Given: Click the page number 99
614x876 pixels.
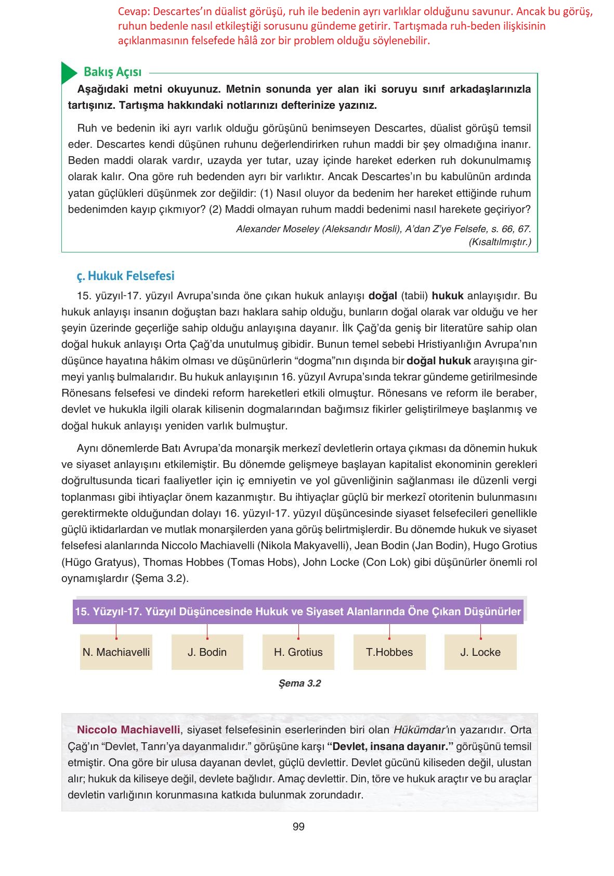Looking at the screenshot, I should tap(298, 827).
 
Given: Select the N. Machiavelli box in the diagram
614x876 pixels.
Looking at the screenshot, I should tap(116, 652).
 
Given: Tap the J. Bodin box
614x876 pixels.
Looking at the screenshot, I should tap(207, 652).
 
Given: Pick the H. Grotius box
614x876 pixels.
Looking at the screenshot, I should tap(298, 652).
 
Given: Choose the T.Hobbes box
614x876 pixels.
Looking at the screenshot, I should tap(389, 652).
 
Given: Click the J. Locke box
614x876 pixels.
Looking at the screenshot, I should tap(480, 652).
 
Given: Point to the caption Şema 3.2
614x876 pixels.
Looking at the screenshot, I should tap(299, 683).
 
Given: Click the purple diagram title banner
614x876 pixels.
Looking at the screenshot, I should tap(298, 611).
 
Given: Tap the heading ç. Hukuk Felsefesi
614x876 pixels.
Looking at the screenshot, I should tap(125, 276).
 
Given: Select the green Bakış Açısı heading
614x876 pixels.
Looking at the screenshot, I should tap(112, 72).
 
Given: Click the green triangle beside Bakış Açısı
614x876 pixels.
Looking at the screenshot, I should tap(68, 73).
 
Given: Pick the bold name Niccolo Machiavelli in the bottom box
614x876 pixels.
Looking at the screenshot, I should tap(128, 730).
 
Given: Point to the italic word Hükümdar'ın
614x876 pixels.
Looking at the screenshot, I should tap(421, 730).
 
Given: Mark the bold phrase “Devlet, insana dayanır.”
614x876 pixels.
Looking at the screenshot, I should tap(390, 746).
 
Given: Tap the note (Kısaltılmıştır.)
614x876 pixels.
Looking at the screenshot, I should tap(500, 242).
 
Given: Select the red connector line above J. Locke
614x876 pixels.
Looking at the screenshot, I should tap(480, 630).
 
